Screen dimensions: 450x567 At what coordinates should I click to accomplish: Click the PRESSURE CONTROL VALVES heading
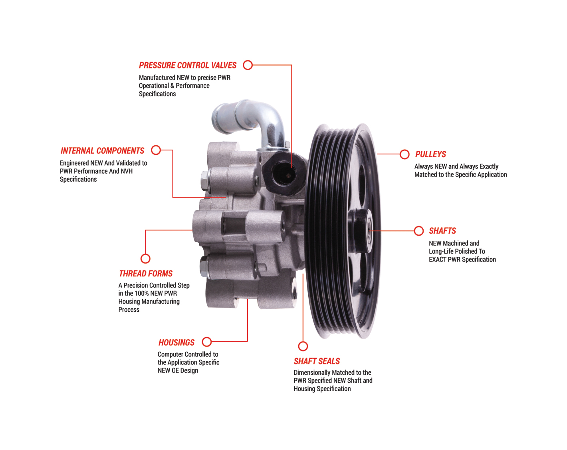click(x=187, y=65)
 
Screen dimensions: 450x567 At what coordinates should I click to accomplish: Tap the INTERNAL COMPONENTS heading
click(x=102, y=151)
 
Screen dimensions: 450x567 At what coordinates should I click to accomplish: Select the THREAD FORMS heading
click(x=145, y=274)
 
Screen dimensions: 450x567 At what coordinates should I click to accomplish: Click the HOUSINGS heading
click(x=176, y=342)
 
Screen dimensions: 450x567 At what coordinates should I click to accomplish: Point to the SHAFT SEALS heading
click(x=317, y=361)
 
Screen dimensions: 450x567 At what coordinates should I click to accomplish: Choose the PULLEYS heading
click(x=430, y=154)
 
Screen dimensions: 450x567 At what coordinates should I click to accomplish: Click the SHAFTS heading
click(x=442, y=231)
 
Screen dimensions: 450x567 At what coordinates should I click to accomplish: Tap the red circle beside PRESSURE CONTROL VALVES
click(x=248, y=65)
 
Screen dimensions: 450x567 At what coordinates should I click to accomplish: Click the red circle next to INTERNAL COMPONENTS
click(x=156, y=150)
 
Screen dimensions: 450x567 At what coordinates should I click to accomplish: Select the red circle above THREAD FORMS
click(x=145, y=258)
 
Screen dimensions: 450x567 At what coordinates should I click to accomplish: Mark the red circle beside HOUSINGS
click(x=207, y=342)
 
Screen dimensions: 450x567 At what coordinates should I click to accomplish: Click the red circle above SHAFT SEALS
click(x=303, y=346)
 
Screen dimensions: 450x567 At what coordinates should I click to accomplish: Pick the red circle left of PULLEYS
click(x=404, y=154)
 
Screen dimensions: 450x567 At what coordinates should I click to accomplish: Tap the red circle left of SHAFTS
click(x=418, y=231)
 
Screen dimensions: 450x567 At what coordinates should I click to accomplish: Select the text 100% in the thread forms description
click(x=141, y=293)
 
